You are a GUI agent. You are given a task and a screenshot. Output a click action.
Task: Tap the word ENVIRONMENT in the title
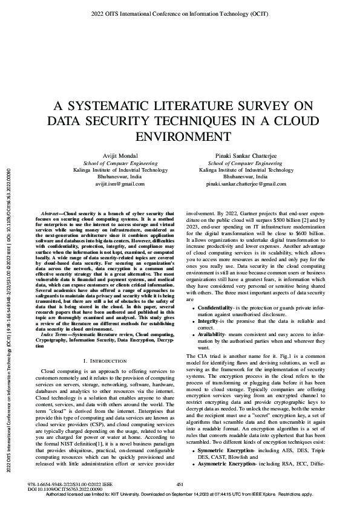180,132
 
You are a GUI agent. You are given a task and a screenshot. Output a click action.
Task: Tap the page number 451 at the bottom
180,484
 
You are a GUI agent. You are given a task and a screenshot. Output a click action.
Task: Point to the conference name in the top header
180,12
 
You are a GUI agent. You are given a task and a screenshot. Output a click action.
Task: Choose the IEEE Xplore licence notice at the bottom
180,494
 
